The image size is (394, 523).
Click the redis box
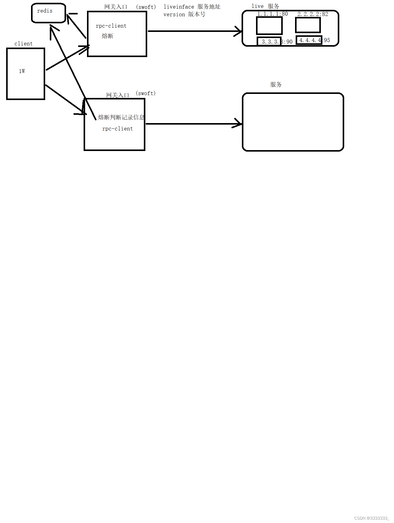click(x=49, y=13)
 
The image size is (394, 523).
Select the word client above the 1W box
click(x=23, y=44)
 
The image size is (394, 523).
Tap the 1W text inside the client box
click(x=22, y=71)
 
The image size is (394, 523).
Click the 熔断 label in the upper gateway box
click(x=108, y=36)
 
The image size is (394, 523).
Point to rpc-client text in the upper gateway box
click(x=111, y=26)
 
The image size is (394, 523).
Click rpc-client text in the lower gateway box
click(x=117, y=129)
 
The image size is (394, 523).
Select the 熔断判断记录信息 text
click(x=121, y=117)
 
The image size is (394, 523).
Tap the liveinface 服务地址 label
click(x=192, y=7)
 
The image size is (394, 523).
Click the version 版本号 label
click(x=184, y=14)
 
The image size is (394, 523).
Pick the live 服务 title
click(x=265, y=6)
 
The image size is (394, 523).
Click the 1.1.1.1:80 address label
click(x=272, y=14)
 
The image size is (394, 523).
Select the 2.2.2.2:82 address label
click(x=313, y=14)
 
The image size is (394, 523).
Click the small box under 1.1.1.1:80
click(x=269, y=25)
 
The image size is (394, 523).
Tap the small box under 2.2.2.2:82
click(x=308, y=25)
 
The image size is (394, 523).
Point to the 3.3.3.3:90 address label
click(x=277, y=42)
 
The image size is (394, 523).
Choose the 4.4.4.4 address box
click(x=309, y=40)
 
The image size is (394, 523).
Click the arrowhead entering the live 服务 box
click(x=239, y=31)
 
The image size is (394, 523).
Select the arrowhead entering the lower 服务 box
click(x=239, y=124)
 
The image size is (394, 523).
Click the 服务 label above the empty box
click(x=276, y=84)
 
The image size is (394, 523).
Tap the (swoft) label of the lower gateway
click(x=146, y=93)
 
